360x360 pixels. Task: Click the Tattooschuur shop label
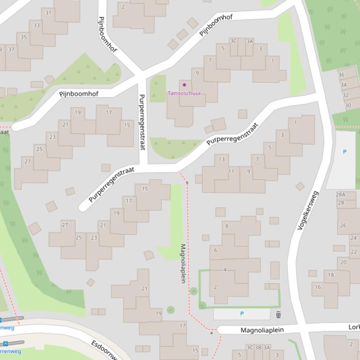coord(184,94)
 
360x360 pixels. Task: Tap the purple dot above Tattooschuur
coord(184,85)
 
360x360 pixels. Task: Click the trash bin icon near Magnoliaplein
coord(279,315)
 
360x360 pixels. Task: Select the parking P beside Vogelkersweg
coord(345,152)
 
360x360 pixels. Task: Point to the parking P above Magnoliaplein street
coord(242,314)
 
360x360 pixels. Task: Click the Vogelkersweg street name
coord(308,210)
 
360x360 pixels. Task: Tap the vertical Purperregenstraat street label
coord(142,122)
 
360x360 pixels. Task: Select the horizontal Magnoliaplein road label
coord(262,330)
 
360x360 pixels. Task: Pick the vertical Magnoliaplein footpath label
coord(183,263)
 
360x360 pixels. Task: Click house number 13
coord(221,159)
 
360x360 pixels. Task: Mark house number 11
coord(231,172)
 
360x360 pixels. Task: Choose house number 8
coord(227,226)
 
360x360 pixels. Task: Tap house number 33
coord(37,25)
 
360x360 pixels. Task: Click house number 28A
coord(340,195)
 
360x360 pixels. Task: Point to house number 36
coord(341,75)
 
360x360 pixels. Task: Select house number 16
coord(317,287)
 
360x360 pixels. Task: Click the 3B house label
coord(258,347)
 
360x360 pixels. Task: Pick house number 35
coord(23,37)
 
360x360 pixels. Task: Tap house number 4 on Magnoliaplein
coord(225,270)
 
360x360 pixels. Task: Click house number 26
coord(343,225)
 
